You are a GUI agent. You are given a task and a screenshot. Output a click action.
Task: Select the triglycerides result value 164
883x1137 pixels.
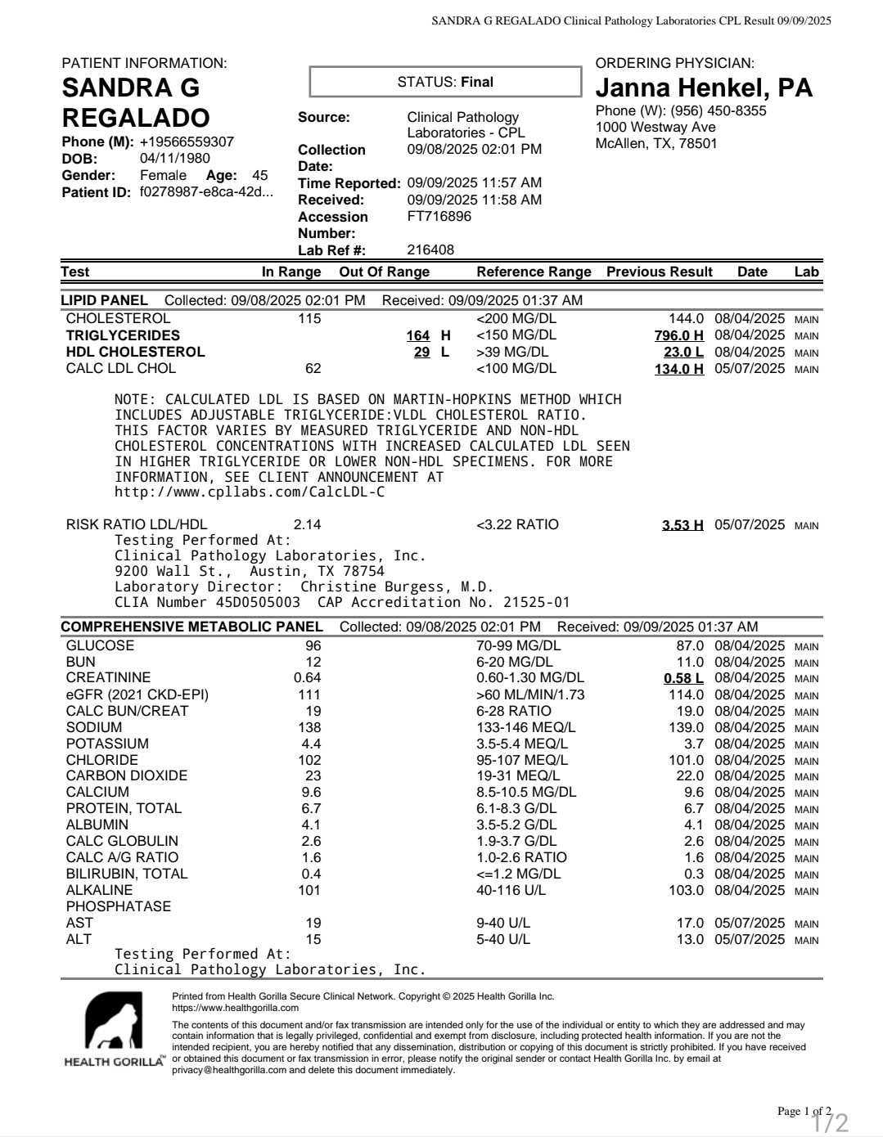pos(417,335)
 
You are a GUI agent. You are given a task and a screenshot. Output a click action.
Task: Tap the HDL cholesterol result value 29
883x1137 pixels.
pos(421,352)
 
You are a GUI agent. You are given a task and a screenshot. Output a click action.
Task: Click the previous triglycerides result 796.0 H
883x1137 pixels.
pos(678,335)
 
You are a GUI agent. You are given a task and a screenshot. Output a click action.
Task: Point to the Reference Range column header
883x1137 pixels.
pos(534,272)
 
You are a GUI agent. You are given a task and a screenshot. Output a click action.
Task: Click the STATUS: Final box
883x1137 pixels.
pos(445,82)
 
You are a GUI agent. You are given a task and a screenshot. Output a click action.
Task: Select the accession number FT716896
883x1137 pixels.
pos(439,217)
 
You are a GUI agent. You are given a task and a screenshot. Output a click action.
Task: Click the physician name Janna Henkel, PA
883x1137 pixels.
pos(704,88)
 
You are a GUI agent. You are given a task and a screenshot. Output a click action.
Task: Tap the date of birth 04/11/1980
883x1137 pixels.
pos(174,159)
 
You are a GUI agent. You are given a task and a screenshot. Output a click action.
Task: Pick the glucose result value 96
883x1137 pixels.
pos(313,645)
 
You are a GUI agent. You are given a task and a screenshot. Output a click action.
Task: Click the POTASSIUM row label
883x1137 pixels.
pos(107,744)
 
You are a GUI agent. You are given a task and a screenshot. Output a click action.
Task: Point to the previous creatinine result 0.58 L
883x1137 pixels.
pos(683,678)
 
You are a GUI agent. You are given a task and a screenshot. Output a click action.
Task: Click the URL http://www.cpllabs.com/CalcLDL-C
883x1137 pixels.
pos(250,492)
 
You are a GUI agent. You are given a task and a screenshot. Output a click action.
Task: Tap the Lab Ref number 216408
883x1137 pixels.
pos(430,249)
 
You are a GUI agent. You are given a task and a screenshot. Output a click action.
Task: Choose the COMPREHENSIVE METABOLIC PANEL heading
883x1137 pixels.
pos(191,627)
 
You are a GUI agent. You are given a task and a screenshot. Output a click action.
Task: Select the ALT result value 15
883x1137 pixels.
pos(313,939)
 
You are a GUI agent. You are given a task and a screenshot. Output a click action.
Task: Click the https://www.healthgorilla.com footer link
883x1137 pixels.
pos(235,1008)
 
